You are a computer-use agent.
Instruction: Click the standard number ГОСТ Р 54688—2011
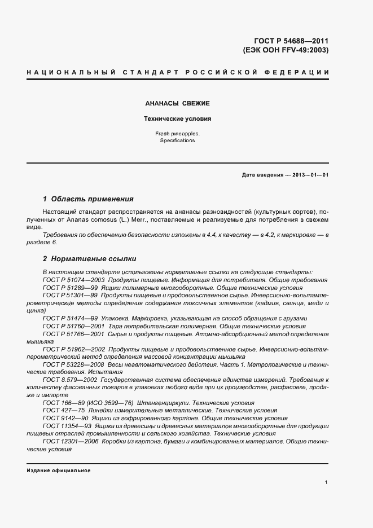pos(292,41)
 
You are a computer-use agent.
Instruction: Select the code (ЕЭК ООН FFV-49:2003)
pos(286,50)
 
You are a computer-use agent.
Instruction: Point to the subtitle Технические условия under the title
pos(177,119)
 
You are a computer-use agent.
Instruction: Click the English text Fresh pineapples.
pos(177,134)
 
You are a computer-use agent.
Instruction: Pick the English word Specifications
pos(177,140)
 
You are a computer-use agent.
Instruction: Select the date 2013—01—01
pos(309,175)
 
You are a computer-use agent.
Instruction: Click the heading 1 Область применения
pos(88,199)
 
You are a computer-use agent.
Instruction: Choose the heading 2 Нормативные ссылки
pos(90,259)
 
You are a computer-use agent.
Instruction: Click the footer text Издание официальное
pos(59,470)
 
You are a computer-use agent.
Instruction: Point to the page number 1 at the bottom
pos(327,482)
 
